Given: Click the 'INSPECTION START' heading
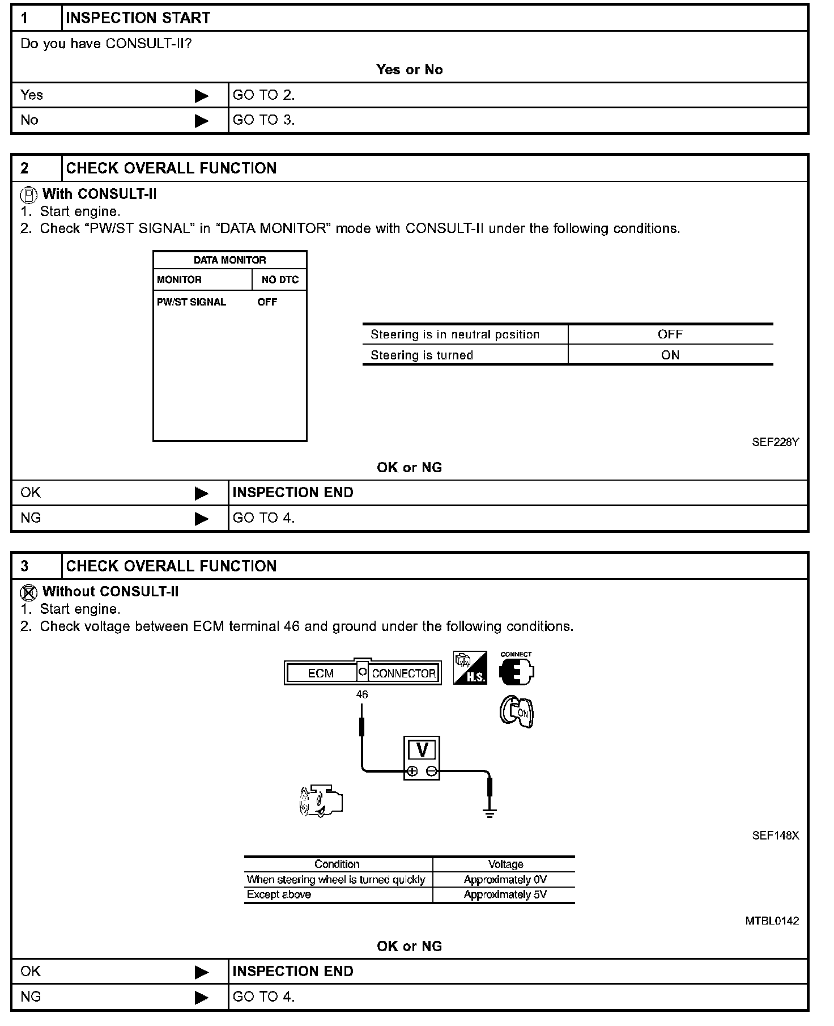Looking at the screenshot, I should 138,18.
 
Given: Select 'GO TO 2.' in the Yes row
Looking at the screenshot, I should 263,95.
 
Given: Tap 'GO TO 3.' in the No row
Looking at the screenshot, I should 263,120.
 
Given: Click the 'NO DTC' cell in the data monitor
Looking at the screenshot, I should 280,279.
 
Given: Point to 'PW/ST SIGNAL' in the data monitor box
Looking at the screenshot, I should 192,302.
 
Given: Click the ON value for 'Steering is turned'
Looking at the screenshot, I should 670,355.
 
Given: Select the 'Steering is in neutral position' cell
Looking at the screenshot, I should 455,334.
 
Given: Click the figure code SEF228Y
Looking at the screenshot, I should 775,442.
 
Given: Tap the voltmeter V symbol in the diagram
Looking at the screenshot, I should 422,750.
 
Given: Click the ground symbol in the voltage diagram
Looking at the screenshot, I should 490,813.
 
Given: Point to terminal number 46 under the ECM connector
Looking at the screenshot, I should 362,694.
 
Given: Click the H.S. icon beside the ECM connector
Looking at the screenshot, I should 470,668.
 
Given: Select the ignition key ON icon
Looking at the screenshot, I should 517,713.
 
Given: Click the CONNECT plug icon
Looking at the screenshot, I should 516,670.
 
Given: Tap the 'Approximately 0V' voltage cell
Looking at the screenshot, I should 505,880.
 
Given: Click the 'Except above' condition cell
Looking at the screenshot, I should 279,894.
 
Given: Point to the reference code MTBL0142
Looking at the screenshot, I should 772,921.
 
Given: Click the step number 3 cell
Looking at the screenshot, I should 25,566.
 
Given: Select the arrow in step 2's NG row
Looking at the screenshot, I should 201,519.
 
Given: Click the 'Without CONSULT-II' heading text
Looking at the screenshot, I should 110,592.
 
